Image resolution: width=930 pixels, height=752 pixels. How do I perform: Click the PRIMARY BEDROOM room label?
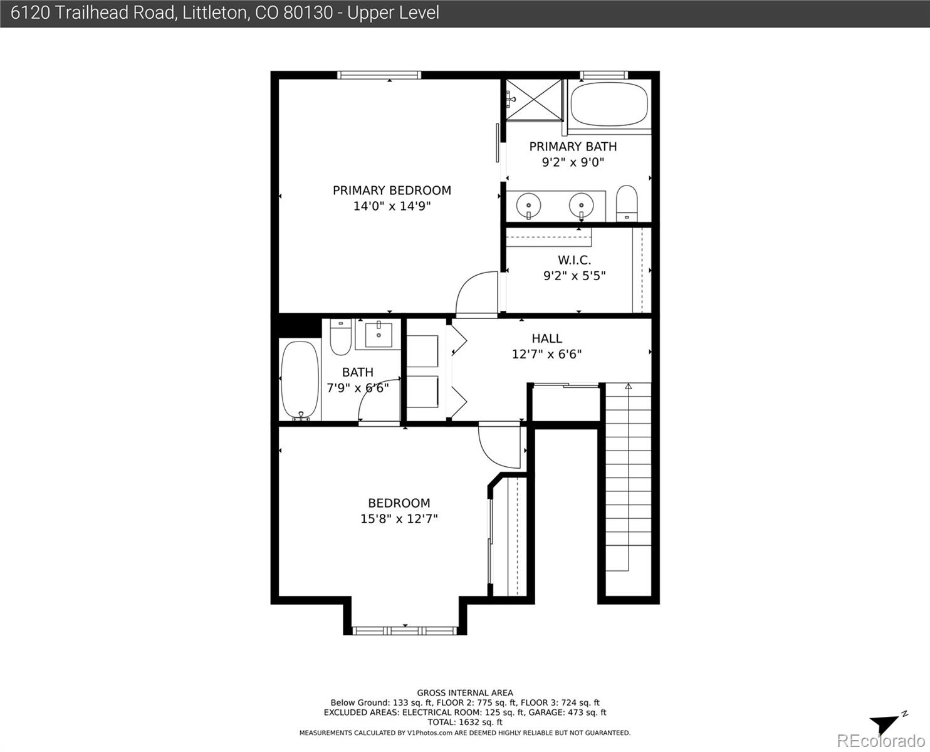coord(392,191)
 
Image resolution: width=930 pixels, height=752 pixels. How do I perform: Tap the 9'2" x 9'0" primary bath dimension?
coord(573,162)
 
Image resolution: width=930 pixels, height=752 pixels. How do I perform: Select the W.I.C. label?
coord(574,260)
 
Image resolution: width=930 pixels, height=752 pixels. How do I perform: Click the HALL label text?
coord(546,338)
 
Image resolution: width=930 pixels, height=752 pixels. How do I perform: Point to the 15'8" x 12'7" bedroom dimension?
coord(399,518)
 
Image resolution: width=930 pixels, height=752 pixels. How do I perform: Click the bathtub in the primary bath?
coord(609,104)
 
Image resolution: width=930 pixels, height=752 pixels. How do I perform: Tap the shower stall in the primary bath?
coord(534,100)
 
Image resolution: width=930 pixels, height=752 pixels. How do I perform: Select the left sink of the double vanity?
coord(528,205)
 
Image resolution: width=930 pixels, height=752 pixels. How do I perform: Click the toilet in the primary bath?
coord(627,204)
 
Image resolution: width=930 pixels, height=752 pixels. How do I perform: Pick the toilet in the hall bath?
coord(340,337)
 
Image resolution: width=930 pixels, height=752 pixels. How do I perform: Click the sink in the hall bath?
coord(378,335)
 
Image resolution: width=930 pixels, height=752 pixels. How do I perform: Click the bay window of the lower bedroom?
coord(405,630)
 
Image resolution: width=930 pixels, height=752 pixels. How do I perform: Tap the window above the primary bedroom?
coord(379,75)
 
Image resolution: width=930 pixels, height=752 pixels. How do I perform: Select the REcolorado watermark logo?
coord(881,740)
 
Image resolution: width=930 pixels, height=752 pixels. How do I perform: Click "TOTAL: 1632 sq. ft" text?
coord(465,722)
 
